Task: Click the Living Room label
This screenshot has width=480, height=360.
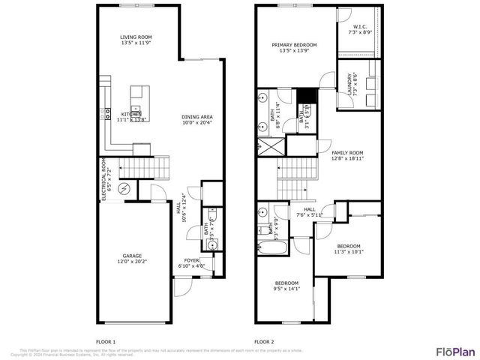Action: [136, 40]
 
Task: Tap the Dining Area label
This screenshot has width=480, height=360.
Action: [196, 119]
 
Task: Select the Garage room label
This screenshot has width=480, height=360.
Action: [132, 259]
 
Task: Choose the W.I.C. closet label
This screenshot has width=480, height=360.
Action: [359, 30]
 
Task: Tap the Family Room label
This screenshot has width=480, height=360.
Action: [347, 154]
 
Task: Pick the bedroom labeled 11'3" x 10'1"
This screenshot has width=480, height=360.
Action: [349, 249]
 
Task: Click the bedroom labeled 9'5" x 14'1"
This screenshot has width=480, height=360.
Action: [286, 285]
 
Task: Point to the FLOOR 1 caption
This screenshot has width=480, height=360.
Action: [106, 341]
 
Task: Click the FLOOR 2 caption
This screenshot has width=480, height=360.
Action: [265, 341]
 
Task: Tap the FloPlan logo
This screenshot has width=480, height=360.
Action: [454, 350]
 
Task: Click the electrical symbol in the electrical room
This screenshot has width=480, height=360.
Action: [125, 187]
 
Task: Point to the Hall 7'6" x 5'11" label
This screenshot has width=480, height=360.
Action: [309, 212]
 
